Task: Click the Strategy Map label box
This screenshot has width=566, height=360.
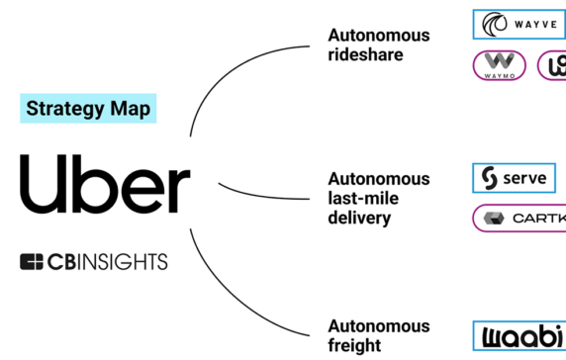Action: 88,109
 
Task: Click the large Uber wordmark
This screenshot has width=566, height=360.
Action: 104,184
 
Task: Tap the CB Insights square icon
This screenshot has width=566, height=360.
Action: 33,262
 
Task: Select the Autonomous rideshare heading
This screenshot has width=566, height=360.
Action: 378,45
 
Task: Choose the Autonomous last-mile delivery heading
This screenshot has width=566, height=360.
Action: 378,198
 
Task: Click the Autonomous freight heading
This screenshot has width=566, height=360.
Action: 378,335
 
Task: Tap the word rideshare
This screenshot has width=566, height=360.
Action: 365,54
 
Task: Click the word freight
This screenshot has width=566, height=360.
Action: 353,345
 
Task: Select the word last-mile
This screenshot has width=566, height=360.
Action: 361,198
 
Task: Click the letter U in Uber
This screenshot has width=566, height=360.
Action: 41,184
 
